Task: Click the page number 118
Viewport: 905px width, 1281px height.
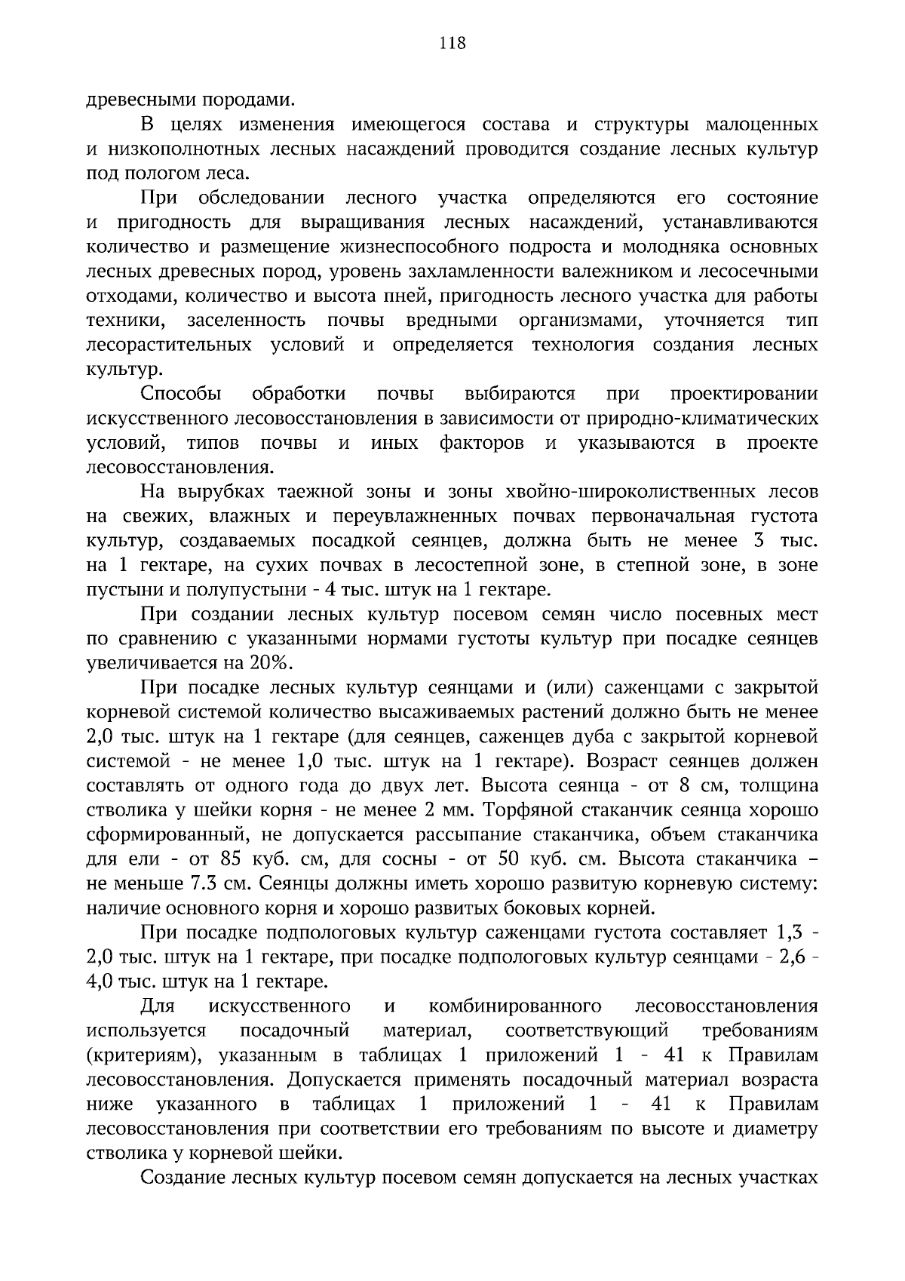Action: (452, 43)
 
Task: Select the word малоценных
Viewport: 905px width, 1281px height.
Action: (761, 124)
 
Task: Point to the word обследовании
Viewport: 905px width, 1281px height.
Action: (261, 198)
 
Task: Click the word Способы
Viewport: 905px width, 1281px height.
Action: (181, 394)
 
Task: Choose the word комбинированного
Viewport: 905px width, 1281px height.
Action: (515, 1006)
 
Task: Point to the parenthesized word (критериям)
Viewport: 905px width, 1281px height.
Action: (140, 1055)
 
